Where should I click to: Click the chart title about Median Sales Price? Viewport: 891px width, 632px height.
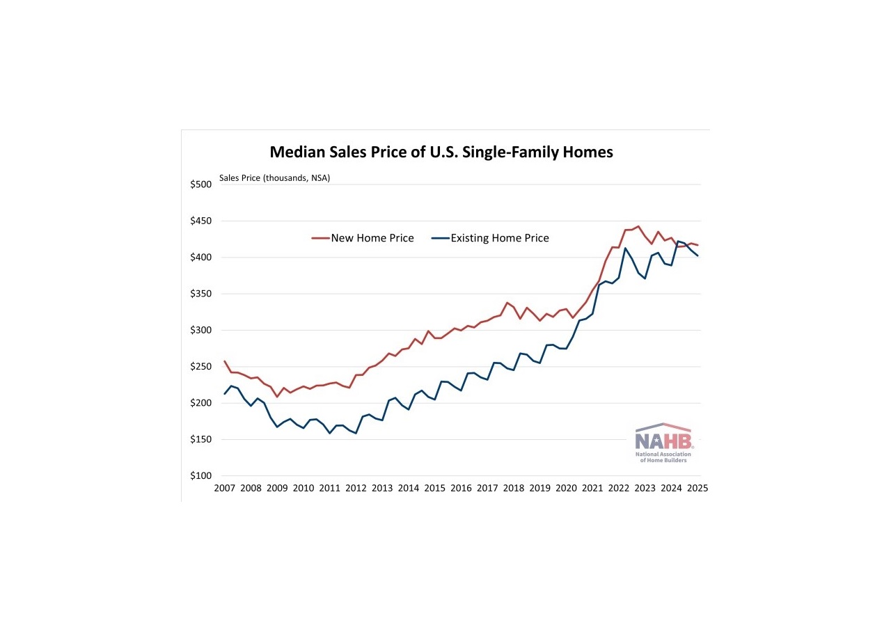[x=441, y=152]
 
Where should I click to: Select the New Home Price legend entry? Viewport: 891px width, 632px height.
[x=363, y=238]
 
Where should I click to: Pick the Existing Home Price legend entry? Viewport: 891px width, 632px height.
[x=490, y=238]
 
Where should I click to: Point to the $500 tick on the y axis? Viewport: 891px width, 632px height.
[x=200, y=184]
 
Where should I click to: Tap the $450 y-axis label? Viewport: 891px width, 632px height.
[x=200, y=221]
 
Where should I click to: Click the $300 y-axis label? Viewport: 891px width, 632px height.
[x=200, y=331]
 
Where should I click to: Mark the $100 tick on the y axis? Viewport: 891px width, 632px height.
[x=200, y=476]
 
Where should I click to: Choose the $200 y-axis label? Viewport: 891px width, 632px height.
[x=200, y=403]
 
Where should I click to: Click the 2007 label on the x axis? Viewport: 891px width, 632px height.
[x=224, y=489]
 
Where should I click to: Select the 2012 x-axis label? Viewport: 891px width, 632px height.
[x=356, y=489]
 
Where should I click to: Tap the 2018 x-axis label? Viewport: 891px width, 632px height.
[x=514, y=489]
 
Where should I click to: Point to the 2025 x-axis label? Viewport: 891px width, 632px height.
[x=697, y=489]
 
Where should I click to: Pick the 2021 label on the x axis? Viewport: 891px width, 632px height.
[x=592, y=489]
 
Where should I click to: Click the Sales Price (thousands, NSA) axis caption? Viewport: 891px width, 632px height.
[x=274, y=177]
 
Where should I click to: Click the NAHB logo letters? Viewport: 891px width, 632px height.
[x=664, y=441]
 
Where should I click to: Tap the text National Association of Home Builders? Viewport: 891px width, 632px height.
[x=664, y=457]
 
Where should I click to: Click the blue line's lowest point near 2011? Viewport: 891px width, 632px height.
[x=330, y=433]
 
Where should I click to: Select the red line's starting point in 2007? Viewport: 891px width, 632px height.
[x=224, y=361]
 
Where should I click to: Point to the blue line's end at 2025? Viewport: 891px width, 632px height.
[x=697, y=255]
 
